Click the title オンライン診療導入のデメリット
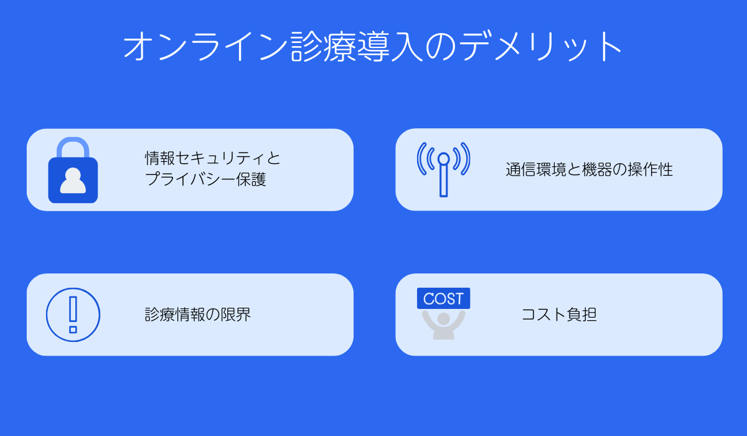coord(373,46)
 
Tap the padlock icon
coord(73,171)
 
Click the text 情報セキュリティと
coord(213,158)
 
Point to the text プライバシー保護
coord(205,179)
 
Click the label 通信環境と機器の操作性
coord(589,169)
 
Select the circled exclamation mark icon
coord(73,315)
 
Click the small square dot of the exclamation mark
coord(73,329)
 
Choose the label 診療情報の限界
coord(197,315)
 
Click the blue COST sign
coord(443,298)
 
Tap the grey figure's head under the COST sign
coord(443,318)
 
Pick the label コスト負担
coord(558,315)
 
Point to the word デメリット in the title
coord(542,46)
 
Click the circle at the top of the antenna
coord(443,158)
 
